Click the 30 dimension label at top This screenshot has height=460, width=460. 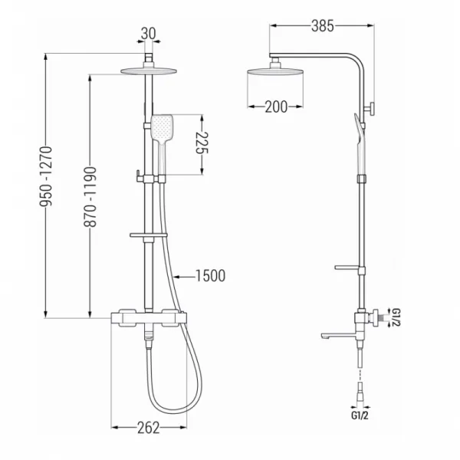(149, 34)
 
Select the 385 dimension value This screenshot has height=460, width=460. (323, 26)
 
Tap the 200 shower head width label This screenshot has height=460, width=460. (276, 107)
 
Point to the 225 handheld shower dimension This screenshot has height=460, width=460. (202, 143)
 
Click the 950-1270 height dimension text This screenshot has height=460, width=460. (46, 176)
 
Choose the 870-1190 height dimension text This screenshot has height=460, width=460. (90, 197)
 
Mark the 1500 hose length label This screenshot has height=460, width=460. (210, 276)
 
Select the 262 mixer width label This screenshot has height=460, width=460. (149, 428)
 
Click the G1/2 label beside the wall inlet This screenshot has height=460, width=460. (396, 317)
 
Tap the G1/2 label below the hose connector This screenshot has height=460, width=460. (360, 416)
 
